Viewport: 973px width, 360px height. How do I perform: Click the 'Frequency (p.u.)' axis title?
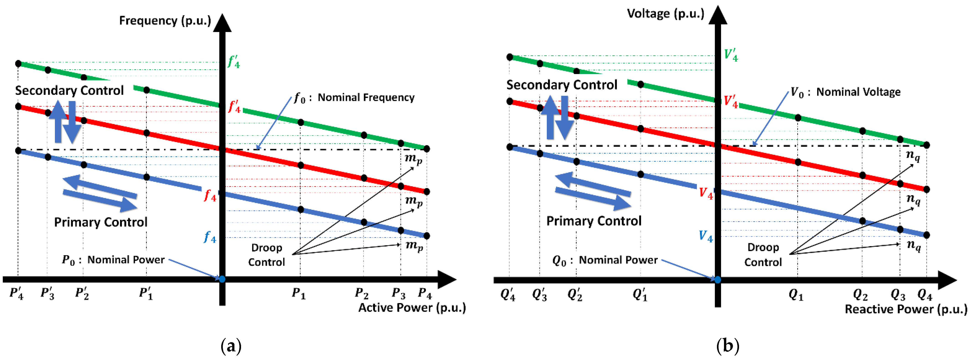(165, 21)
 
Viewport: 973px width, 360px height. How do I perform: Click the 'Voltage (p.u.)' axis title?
(665, 14)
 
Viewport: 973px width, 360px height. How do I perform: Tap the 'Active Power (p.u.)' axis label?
(412, 308)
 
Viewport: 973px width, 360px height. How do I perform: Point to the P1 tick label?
(298, 293)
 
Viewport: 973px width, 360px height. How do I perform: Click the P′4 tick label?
(17, 293)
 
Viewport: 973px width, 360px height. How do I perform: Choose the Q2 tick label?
(860, 294)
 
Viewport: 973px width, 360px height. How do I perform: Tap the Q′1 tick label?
(640, 294)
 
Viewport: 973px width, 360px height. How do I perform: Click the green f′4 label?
(234, 62)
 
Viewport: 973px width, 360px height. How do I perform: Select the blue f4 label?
(210, 237)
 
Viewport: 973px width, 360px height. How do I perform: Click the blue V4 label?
(705, 237)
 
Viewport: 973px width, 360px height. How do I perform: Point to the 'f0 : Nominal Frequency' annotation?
(354, 98)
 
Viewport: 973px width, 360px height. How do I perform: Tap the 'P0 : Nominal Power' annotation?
(113, 260)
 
